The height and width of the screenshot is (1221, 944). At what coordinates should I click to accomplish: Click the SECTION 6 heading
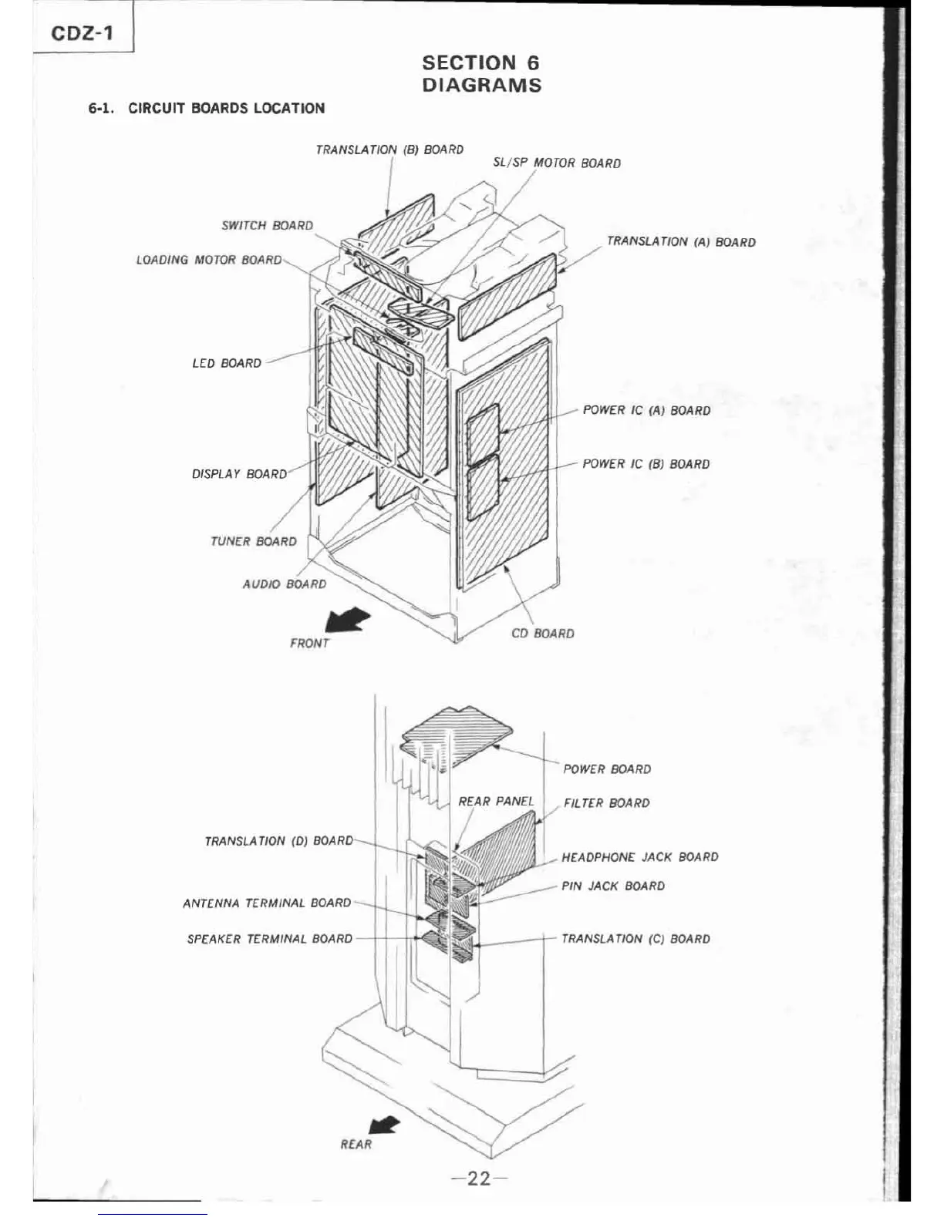[480, 62]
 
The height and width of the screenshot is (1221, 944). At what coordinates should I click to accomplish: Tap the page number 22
[478, 1178]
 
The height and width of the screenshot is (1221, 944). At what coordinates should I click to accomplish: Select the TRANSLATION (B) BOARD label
[389, 150]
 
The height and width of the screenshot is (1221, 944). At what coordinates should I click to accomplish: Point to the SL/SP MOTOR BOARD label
[556, 163]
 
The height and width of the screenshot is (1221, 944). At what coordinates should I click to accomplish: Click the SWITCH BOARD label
[267, 225]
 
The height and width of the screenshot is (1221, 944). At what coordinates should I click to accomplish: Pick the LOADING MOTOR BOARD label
[209, 260]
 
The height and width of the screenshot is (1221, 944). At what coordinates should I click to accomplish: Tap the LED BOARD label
[227, 363]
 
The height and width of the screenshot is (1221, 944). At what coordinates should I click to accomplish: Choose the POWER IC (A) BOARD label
[646, 410]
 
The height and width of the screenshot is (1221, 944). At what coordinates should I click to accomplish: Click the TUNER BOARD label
[253, 541]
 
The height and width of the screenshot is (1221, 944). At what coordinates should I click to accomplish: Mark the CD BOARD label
[542, 634]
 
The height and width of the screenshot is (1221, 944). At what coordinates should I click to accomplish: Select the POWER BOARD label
[607, 769]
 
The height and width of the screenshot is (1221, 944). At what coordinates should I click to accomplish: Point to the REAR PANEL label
[496, 801]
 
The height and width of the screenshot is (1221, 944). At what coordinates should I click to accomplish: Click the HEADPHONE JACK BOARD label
[639, 856]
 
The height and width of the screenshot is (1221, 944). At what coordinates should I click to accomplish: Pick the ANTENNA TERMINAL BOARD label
[267, 903]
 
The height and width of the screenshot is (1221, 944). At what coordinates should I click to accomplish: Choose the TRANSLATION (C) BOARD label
[636, 938]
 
